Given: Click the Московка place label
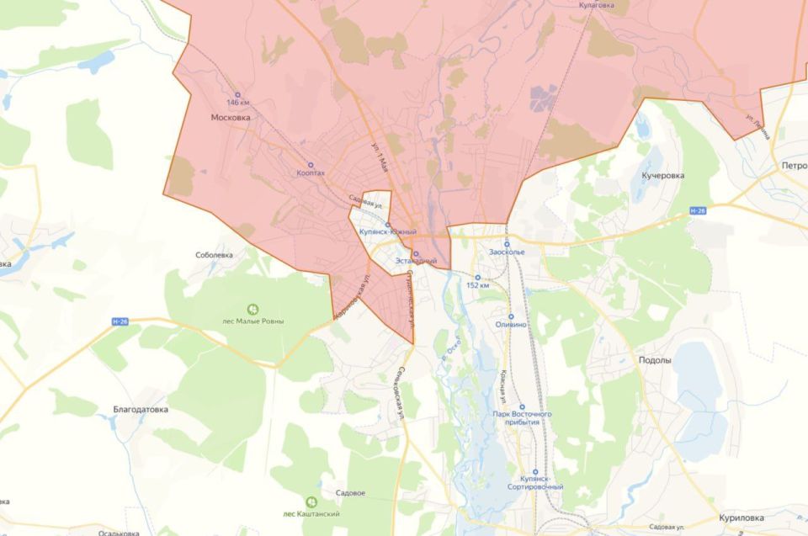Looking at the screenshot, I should (x=230, y=118).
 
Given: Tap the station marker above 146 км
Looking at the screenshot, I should (x=237, y=94).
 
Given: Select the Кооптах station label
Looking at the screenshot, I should (x=311, y=172).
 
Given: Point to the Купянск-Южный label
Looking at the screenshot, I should (x=388, y=231).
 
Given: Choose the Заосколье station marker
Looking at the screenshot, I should (x=507, y=244).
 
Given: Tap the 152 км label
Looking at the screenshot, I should (x=478, y=285).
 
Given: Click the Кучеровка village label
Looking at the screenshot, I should (x=663, y=176).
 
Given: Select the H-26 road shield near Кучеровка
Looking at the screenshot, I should (x=697, y=210).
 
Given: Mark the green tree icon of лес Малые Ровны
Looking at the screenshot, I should (x=252, y=309).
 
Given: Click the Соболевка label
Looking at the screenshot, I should (x=214, y=254).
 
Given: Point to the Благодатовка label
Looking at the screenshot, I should (x=141, y=410).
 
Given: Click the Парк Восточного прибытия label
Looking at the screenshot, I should (x=522, y=418).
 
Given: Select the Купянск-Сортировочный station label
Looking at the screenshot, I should (x=535, y=482).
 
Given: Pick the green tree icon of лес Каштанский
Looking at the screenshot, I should (x=311, y=502).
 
